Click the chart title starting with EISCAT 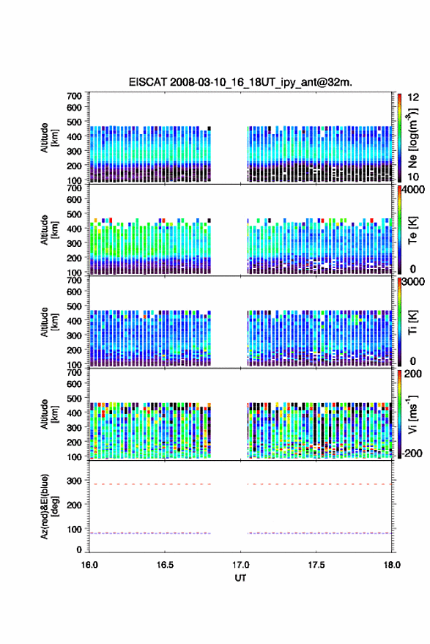click(240, 82)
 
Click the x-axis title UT click(240, 578)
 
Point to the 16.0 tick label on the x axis click(89, 565)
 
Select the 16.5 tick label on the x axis click(165, 565)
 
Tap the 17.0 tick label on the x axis click(241, 565)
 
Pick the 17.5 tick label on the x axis click(316, 565)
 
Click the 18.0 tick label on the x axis click(392, 565)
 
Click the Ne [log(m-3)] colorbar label click(412, 138)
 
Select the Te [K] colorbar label click(412, 230)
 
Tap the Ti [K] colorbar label click(412, 322)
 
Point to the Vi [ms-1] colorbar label click(412, 414)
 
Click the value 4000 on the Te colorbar click(414, 190)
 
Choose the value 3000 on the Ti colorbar click(414, 282)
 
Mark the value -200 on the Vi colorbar click(412, 454)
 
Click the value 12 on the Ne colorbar click(414, 97)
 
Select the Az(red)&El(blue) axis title click(49, 506)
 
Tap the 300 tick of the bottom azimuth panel click(74, 481)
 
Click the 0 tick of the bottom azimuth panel click(79, 549)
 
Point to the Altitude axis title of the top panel click(49, 138)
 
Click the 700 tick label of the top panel click(74, 96)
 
